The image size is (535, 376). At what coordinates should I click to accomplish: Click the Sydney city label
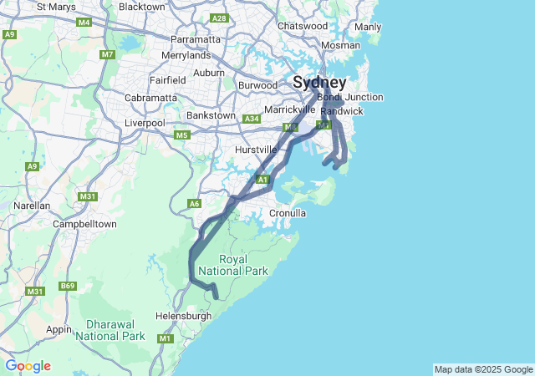coord(318,83)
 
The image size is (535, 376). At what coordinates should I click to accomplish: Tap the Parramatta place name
coord(196,39)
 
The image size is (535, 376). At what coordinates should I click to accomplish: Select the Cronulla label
coord(288,214)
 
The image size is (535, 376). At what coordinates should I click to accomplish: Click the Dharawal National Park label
coord(110,330)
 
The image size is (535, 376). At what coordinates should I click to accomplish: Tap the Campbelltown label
coord(84,224)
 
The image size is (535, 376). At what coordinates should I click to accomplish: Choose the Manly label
coord(368,27)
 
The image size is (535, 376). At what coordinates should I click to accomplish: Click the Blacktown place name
coord(142,7)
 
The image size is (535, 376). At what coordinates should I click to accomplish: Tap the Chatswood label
coord(303,26)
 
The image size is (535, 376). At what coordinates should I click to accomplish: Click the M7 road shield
coord(107,55)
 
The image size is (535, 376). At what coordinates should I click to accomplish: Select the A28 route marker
coord(220,18)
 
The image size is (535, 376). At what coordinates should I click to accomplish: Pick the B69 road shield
coord(67,287)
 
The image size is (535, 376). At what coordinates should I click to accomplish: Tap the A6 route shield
coord(195,203)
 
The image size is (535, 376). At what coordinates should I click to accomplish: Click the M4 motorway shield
coord(84,23)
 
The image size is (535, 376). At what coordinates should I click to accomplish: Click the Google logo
coord(28,366)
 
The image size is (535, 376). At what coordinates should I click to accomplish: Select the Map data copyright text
coord(482,369)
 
